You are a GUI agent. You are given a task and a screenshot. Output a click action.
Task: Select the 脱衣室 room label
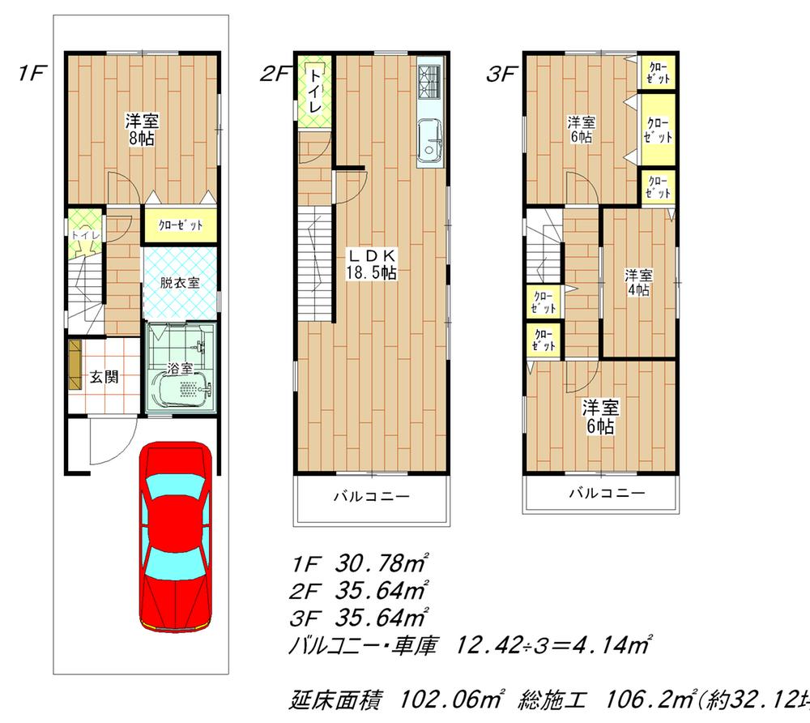(180, 284)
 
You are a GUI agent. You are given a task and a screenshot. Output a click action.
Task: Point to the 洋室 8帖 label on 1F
(141, 130)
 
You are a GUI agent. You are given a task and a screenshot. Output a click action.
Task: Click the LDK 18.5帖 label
(371, 265)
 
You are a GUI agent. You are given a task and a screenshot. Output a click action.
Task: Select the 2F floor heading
(275, 75)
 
